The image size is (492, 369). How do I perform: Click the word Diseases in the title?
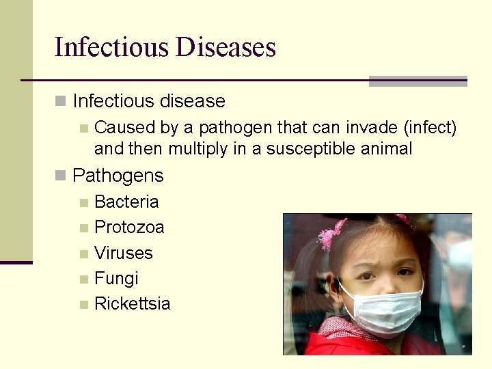pyautogui.click(x=225, y=47)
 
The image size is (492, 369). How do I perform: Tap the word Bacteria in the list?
pyautogui.click(x=126, y=202)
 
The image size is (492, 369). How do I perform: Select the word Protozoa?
pyautogui.click(x=129, y=227)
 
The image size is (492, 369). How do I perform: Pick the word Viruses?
pyautogui.click(x=123, y=253)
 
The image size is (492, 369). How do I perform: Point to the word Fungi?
pyautogui.click(x=116, y=279)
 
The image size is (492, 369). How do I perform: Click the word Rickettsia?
pyautogui.click(x=132, y=304)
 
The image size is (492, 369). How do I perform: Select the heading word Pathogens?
pyautogui.click(x=118, y=176)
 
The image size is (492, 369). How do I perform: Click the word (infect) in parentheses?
pyautogui.click(x=430, y=128)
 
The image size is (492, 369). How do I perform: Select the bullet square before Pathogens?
pyautogui.click(x=60, y=176)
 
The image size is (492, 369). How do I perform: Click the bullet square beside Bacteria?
pyautogui.click(x=83, y=202)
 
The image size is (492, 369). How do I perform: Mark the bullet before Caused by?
pyautogui.click(x=83, y=128)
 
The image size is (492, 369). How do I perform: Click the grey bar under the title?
pyautogui.click(x=418, y=81)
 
